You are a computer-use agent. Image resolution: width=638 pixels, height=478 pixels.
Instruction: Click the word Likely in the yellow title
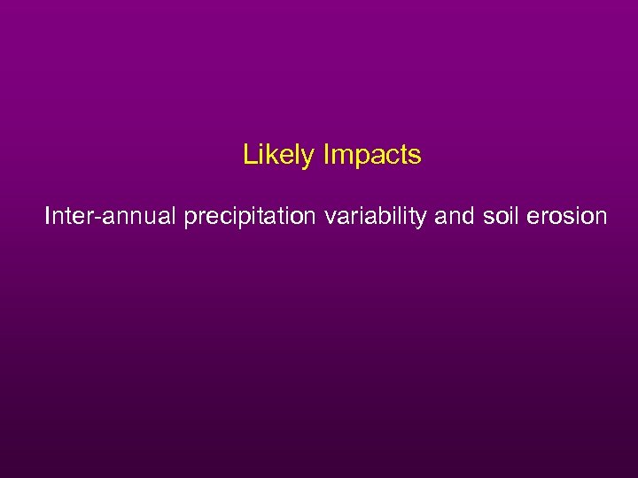coord(278,156)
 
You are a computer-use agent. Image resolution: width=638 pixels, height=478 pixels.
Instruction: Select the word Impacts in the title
coord(372,156)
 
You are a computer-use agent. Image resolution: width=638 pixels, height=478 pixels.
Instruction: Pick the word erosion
coord(565,216)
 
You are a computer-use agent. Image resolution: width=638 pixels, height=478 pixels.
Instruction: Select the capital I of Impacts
coord(326,156)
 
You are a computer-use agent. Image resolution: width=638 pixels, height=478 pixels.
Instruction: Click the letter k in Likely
coord(269,156)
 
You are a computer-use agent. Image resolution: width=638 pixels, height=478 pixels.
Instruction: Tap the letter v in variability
coord(331,217)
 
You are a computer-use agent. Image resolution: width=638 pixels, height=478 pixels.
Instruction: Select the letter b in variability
coord(377,216)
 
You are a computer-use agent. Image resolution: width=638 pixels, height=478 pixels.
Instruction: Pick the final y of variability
coord(424,219)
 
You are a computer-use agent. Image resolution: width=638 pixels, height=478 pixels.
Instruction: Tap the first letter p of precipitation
coord(191,219)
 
